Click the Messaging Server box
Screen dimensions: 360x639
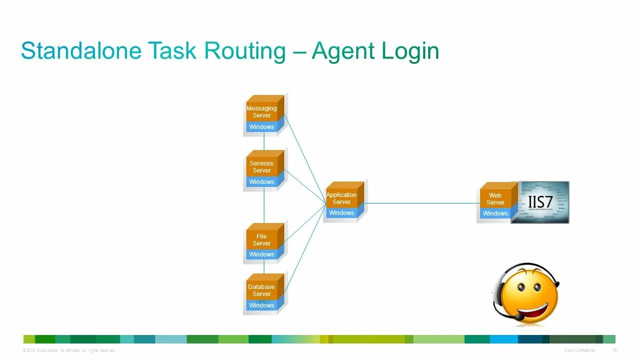point(262,112)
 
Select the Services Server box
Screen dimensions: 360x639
point(262,167)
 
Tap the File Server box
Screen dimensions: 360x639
point(262,240)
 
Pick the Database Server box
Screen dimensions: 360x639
point(262,290)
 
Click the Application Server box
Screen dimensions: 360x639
point(342,198)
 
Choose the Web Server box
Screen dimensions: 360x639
point(496,199)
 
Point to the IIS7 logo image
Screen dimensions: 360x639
point(541,202)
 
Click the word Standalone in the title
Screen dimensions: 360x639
point(80,51)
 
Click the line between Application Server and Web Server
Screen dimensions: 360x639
point(422,203)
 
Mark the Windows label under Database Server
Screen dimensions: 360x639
point(262,305)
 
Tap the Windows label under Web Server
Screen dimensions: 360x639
point(496,213)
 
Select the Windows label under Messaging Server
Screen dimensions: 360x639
point(262,127)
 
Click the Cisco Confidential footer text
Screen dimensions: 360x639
point(580,350)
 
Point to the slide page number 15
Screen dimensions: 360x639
point(615,350)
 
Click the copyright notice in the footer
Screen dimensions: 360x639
point(69,350)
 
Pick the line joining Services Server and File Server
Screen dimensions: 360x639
point(264,207)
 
